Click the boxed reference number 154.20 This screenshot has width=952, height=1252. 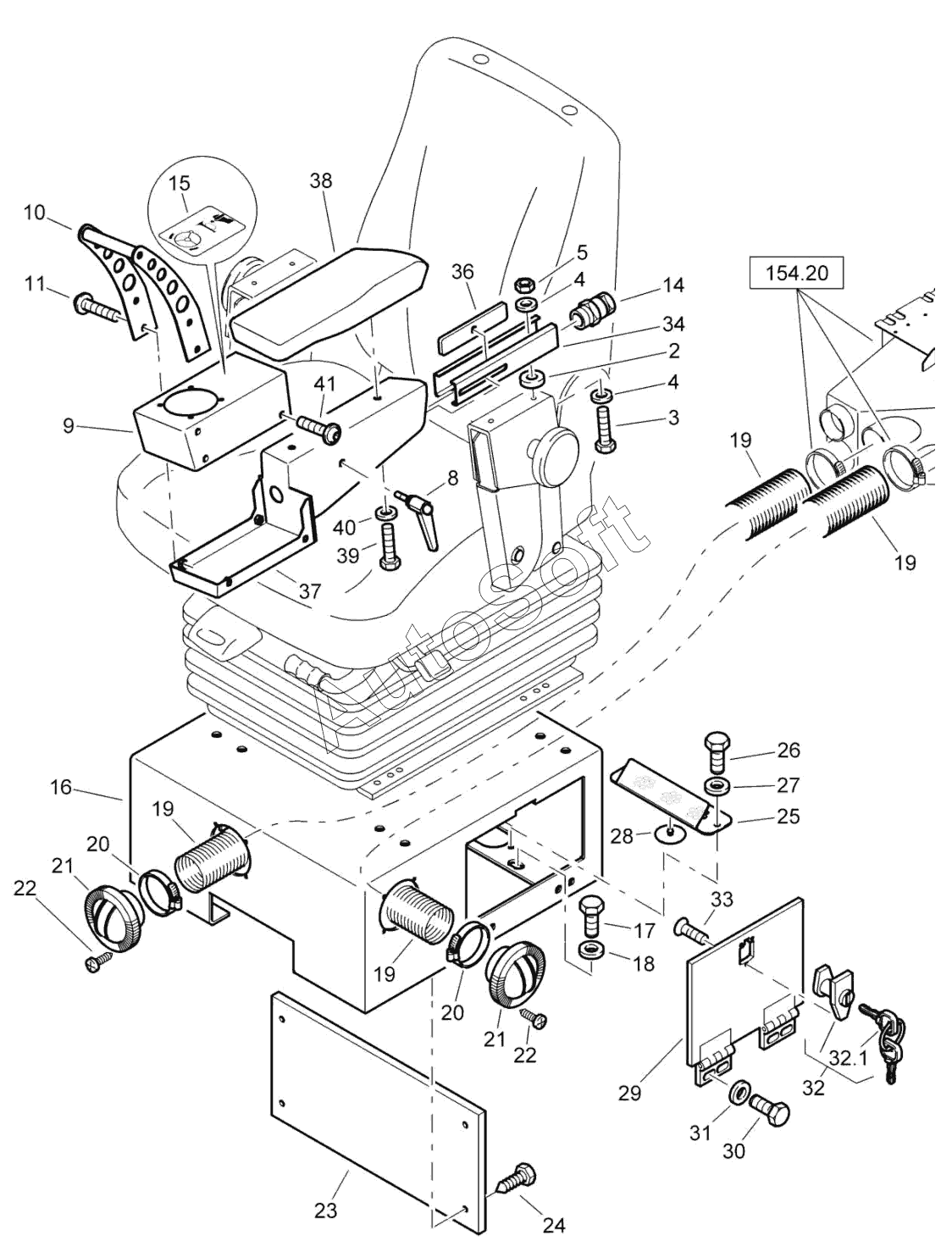point(796,274)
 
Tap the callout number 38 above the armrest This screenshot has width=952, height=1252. point(321,180)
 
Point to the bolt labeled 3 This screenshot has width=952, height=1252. point(605,428)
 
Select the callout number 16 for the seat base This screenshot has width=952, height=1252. point(61,789)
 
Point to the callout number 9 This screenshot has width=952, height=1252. point(68,425)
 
